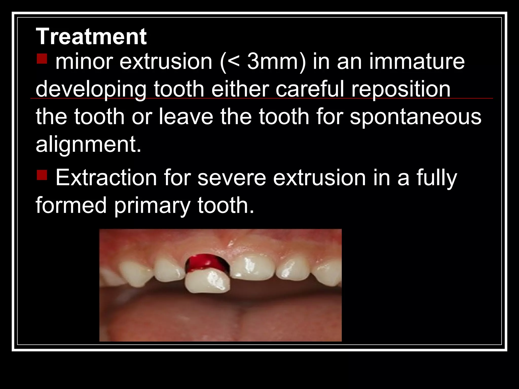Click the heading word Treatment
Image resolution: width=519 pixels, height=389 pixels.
coord(91,37)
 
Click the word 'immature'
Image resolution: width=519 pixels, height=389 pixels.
coord(417,62)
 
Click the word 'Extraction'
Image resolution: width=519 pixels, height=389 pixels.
coord(106,178)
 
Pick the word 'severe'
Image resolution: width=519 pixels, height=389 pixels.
coord(232,178)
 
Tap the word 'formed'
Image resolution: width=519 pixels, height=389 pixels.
coord(71,205)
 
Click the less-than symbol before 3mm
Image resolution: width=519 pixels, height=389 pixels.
coord(235,62)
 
